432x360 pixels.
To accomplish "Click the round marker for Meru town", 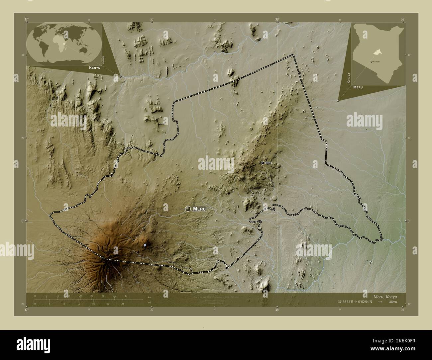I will (188, 209).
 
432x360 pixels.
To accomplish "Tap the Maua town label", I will (268, 163).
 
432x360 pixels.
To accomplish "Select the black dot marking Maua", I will (262, 163).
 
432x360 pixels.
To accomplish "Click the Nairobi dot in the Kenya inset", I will (371, 62).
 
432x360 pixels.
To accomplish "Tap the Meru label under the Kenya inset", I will (358, 87).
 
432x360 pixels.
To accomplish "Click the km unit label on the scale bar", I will (150, 296).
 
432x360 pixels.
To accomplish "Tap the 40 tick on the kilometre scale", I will (126, 296).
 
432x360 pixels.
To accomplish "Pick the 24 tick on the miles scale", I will (123, 304).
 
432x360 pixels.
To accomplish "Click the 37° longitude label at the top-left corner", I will (26, 20).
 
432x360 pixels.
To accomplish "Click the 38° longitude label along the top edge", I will (277, 20).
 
